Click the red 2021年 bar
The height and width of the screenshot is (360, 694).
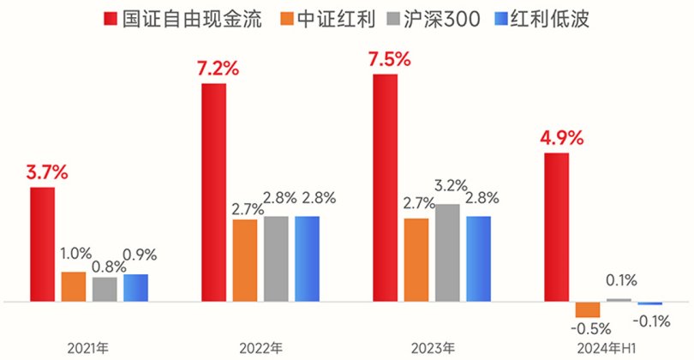click(43, 244)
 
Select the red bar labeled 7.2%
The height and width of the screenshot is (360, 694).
click(213, 193)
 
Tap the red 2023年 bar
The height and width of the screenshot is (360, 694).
click(386, 189)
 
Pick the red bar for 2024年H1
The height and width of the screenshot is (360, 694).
click(557, 227)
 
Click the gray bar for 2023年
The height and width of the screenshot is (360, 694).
click(447, 253)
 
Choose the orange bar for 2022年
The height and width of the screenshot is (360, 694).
click(245, 261)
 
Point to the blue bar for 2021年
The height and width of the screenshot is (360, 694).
click(135, 288)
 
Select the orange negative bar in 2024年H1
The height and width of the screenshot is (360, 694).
click(588, 309)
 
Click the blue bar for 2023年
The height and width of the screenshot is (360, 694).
click(478, 259)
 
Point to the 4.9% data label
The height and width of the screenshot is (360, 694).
click(562, 138)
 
